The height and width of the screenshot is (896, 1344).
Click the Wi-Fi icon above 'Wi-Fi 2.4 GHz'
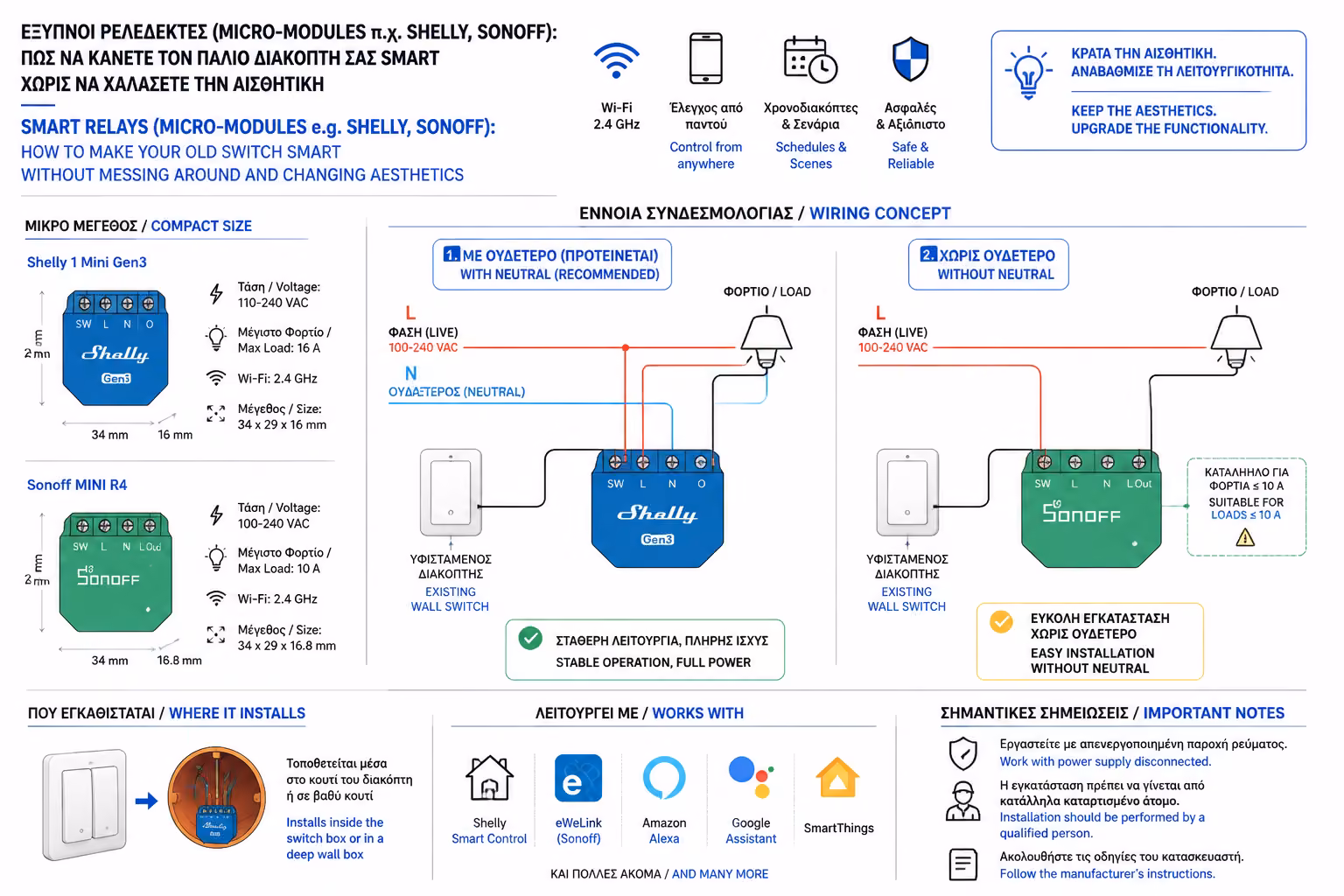coord(616,60)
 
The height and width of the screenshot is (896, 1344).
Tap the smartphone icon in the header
coord(705,59)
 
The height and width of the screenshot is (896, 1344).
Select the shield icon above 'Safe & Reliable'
coord(910,59)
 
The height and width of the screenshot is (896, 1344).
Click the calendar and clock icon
coord(810,60)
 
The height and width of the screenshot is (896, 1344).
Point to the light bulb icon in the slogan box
coord(1028,73)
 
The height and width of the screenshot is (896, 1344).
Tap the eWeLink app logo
coord(577,779)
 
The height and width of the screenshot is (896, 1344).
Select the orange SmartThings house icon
coord(837,778)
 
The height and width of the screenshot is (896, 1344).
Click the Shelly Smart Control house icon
coord(490,778)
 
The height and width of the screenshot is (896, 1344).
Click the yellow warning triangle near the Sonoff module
coord(1245,537)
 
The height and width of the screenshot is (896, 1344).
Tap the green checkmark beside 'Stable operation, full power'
coord(530,638)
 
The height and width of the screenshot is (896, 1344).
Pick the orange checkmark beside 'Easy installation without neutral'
coord(1001,622)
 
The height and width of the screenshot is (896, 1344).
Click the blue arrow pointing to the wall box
coord(146,801)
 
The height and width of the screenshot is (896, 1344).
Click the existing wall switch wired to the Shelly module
coord(451,492)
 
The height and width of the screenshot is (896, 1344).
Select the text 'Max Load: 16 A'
coord(279,348)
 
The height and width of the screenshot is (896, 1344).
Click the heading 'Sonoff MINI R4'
coord(77,485)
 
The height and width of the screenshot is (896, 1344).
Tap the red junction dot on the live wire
coord(626,347)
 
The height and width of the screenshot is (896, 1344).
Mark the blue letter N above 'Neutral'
coord(411,374)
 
